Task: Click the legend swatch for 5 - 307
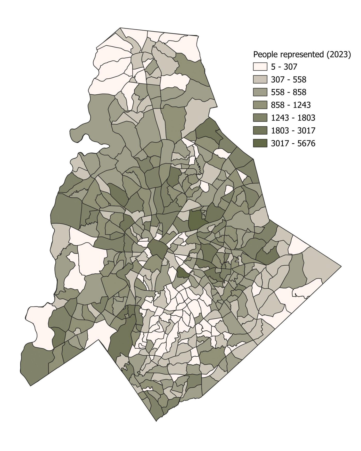260,67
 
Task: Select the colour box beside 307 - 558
260,79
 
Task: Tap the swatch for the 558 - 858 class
260,92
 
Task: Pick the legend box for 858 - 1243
260,105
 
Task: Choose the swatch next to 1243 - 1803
260,118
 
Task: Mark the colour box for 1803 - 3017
260,130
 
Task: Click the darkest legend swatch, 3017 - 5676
260,143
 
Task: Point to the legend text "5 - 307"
284,67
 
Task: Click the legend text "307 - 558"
289,80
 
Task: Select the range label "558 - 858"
289,93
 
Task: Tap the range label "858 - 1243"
291,105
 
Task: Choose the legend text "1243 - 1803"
293,118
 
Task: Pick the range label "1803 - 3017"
293,131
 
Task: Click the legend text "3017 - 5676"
293,144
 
